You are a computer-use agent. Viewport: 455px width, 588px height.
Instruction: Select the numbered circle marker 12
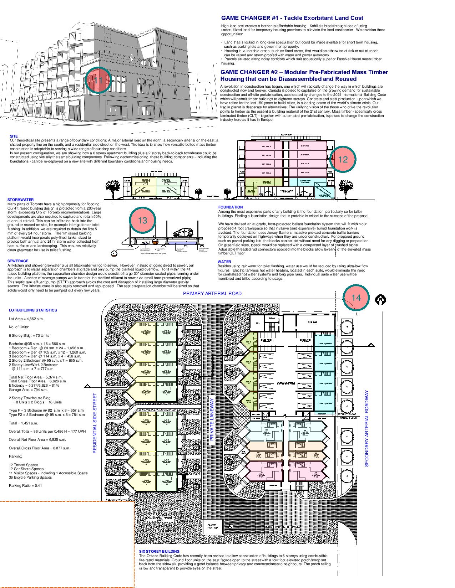point(343,159)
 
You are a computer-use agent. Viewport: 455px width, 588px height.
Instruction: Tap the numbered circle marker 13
point(142,220)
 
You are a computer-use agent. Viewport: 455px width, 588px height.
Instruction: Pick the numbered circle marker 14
point(356,298)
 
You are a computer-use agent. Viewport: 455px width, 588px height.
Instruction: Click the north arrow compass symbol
point(381,300)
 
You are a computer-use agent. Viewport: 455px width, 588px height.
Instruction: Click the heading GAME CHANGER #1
point(292,18)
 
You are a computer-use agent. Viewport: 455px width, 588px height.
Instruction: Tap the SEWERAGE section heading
point(18,261)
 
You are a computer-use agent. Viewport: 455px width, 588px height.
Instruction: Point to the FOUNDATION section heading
point(231,207)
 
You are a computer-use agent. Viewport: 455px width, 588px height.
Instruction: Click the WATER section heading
point(224,262)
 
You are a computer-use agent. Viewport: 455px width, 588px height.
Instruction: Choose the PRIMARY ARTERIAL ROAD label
point(212,294)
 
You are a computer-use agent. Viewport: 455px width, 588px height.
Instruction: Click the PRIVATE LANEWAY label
point(211,419)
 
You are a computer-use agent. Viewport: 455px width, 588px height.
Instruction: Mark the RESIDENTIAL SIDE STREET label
point(95,423)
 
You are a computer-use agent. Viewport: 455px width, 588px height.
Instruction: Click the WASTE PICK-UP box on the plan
point(212,526)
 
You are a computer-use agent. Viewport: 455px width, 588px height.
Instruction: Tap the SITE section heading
point(14,136)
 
